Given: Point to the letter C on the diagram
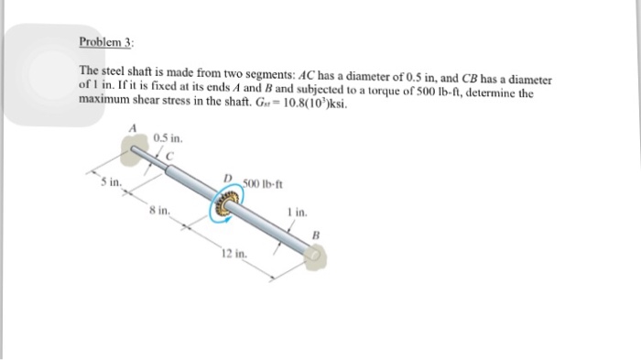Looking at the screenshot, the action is click(168, 154).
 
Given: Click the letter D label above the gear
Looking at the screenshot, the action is click(227, 178).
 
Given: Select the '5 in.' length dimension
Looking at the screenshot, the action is click(110, 182).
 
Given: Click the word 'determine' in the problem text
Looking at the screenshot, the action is click(516, 93).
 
